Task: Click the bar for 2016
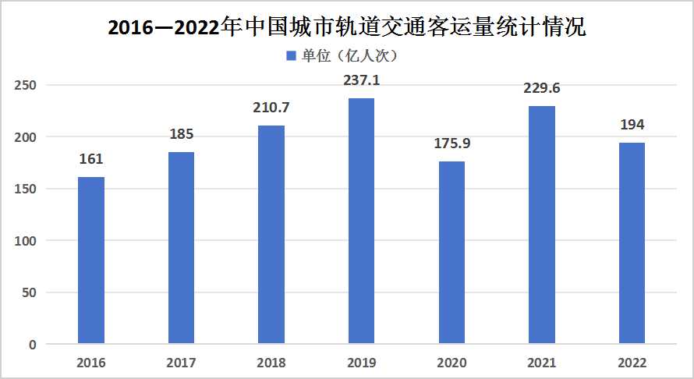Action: point(91,260)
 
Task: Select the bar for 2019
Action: point(361,221)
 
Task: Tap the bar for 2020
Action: point(451,253)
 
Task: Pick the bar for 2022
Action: point(632,243)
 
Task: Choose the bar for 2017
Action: point(181,248)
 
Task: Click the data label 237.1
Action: point(361,80)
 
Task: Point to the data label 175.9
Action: point(451,143)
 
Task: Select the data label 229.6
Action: point(542,88)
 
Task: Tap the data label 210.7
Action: point(271,108)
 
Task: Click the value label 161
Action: point(91,159)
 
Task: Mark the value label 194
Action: point(632,125)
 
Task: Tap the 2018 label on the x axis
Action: point(271,363)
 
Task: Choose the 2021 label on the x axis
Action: point(542,363)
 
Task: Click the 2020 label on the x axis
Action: point(451,363)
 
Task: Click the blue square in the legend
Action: point(292,56)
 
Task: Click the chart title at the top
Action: point(346,29)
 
